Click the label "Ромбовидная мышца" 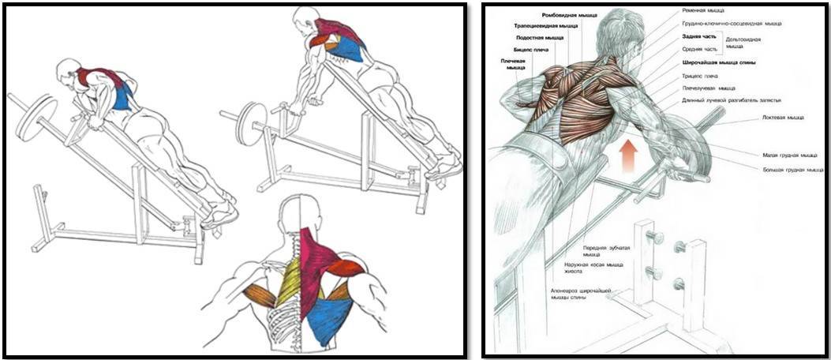point(570,14)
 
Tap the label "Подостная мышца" point(540,37)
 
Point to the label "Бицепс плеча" point(530,49)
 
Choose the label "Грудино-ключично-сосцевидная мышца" point(732,24)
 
